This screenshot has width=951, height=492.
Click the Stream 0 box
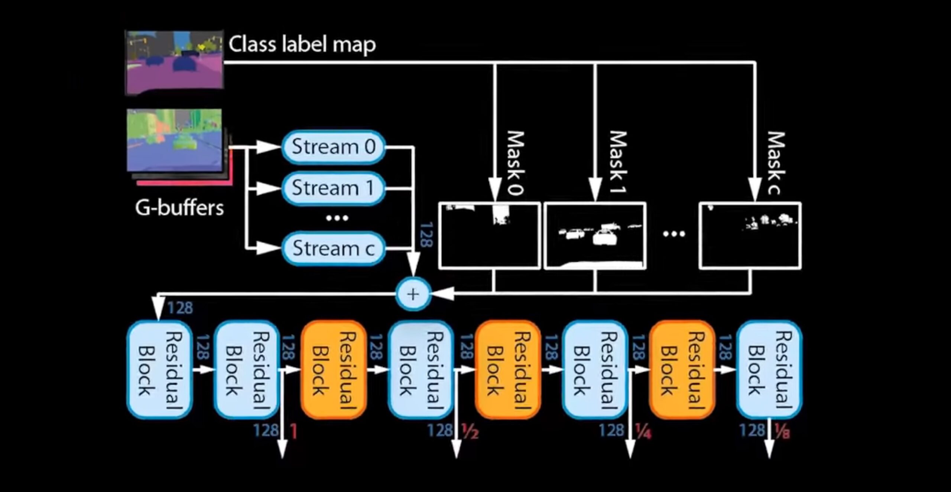click(x=333, y=147)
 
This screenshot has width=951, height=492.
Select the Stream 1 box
click(x=333, y=188)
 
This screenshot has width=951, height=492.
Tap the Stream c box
click(x=333, y=248)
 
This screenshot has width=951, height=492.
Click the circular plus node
click(x=413, y=294)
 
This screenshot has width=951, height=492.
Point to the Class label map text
click(x=302, y=45)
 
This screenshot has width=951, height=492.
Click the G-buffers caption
click(x=179, y=207)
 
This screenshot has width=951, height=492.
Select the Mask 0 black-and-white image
click(x=489, y=235)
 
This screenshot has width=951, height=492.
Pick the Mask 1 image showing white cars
click(x=595, y=235)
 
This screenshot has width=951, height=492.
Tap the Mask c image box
click(x=750, y=235)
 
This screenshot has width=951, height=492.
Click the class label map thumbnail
click(x=174, y=62)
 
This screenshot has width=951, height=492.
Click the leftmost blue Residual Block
click(x=160, y=369)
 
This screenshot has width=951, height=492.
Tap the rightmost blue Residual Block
click(x=769, y=369)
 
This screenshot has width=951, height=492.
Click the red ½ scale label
click(x=470, y=431)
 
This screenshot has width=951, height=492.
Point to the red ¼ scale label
click(x=643, y=431)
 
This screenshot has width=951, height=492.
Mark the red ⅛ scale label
click(x=782, y=431)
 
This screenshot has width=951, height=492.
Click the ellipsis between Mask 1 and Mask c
click(x=674, y=234)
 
